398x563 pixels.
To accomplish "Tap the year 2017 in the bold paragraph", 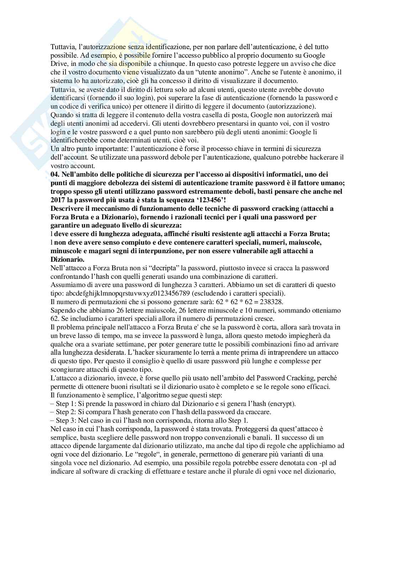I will pos(58,200).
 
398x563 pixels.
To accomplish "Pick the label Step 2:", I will pos(67,412).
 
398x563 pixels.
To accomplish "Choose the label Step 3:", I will pos(67,421).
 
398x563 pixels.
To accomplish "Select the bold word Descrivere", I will pos(67,208).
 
